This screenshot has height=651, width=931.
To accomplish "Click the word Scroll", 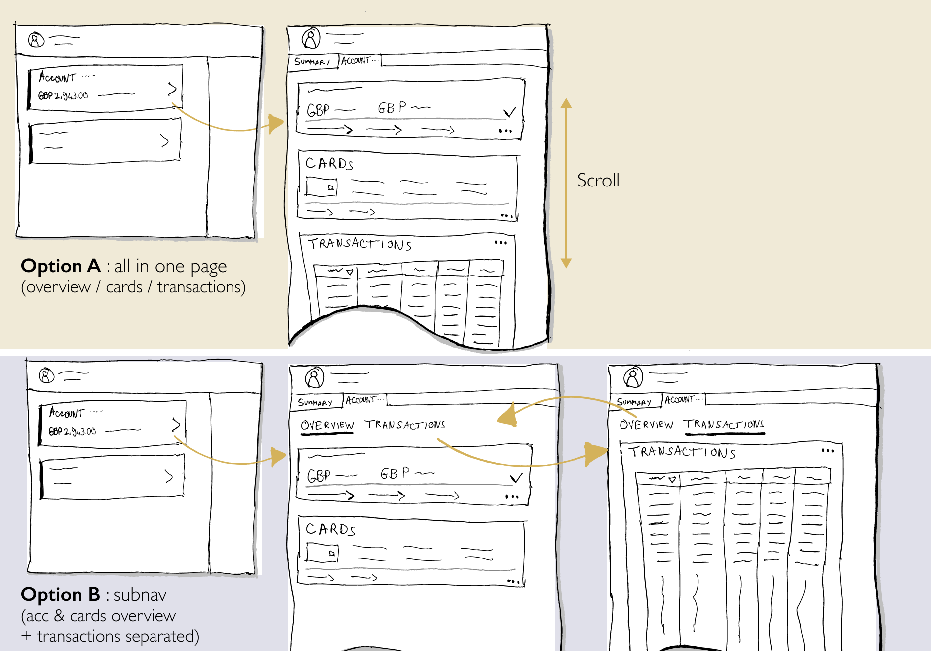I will click(598, 180).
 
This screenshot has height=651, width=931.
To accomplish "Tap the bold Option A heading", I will click(61, 266).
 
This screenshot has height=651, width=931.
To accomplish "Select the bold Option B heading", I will click(60, 595).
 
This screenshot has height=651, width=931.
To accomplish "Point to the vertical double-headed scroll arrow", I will click(566, 183).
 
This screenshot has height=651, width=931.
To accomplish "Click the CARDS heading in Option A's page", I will click(329, 163).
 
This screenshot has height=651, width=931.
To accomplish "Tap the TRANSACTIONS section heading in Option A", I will click(360, 244).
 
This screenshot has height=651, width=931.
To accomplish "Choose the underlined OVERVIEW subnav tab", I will click(327, 425).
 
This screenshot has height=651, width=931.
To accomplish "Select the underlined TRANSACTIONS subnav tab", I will click(724, 424).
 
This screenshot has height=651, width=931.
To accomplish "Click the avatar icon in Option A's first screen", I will click(36, 39).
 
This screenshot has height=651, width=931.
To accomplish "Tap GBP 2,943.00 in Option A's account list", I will click(63, 95).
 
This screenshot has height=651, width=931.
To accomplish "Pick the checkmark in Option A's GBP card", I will click(509, 112).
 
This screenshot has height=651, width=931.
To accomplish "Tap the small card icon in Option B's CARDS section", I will click(322, 553).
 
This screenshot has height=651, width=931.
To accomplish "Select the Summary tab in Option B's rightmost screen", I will click(633, 401).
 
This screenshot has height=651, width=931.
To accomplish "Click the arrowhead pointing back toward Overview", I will click(508, 416).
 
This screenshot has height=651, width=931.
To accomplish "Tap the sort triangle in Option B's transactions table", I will click(672, 480).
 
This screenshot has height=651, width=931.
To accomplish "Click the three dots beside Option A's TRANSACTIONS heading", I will click(501, 243).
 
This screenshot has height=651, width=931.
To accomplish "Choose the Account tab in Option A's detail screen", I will click(356, 61).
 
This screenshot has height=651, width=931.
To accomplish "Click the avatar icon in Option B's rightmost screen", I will click(633, 377).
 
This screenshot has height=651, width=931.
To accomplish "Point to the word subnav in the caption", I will click(140, 595).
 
